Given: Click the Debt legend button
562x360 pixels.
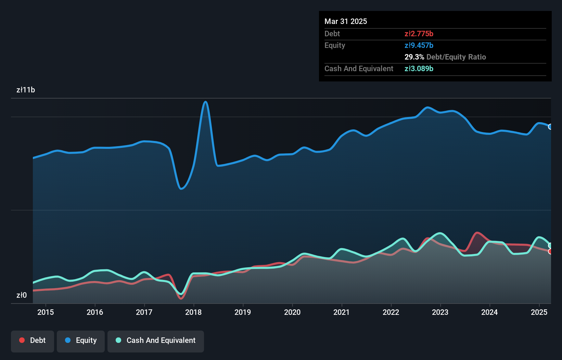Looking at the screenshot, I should pos(33,340).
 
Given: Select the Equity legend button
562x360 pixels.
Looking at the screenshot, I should pos(81,340).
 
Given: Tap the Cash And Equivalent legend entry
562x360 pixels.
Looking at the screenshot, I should pos(156,340).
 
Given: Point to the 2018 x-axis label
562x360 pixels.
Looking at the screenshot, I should pos(193,312).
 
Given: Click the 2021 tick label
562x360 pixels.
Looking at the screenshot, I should pos(342,312).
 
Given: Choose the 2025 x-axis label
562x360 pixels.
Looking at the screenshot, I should pos(539,312).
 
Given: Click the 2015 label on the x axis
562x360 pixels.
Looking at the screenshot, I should pos(46,312).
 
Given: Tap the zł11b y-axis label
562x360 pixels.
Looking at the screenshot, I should pos(26,90).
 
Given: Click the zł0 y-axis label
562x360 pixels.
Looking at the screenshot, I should pos(22,295).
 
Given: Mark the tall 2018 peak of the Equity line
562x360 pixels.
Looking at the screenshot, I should pos(205,102).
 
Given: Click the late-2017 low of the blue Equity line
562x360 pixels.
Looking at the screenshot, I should pos(181,189).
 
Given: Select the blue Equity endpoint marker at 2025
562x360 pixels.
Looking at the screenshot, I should pos(550,127).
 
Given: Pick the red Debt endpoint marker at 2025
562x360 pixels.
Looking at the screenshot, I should pos(550,252).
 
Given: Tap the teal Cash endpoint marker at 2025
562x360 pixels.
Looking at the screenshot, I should pos(550,245).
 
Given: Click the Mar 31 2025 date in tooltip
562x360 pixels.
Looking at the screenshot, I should pos(346,21).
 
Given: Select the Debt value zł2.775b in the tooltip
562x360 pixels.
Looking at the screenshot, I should pos(419,34).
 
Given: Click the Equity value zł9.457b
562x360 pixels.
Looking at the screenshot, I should pos(419,45).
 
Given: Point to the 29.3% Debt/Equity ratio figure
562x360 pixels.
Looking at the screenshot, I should pos(414,57).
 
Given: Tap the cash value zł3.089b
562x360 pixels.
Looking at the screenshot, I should pos(419,68).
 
